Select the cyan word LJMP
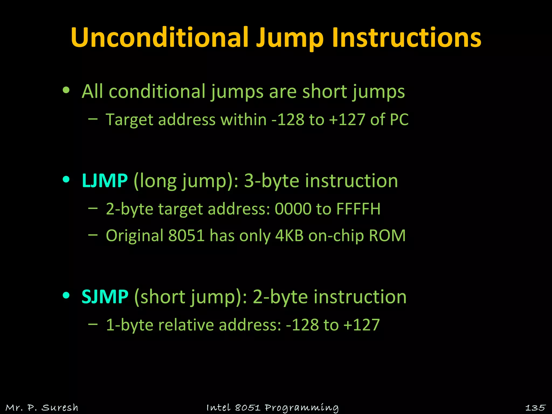pyautogui.click(x=105, y=181)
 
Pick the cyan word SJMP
pyautogui.click(x=105, y=297)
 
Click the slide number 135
pyautogui.click(x=535, y=408)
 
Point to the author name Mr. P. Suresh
pyautogui.click(x=42, y=408)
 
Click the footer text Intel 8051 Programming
pyautogui.click(x=272, y=408)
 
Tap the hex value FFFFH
pyautogui.click(x=358, y=209)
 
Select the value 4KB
pyautogui.click(x=289, y=236)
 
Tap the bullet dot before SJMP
pyautogui.click(x=66, y=295)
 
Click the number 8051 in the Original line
pyautogui.click(x=186, y=236)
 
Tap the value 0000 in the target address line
pyautogui.click(x=293, y=209)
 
